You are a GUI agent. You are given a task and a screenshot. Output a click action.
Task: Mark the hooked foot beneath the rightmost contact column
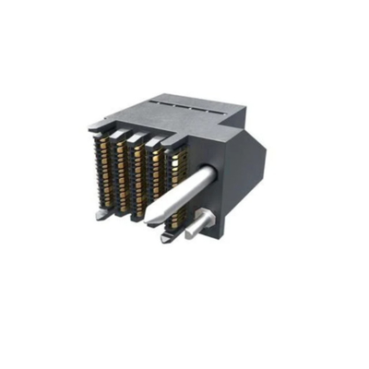166,239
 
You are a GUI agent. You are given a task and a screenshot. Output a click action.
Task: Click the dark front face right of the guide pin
226,198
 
